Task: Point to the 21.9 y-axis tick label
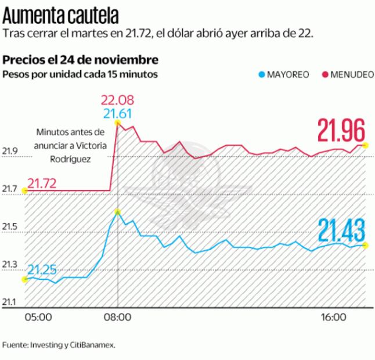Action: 10,152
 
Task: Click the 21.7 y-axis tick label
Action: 10,189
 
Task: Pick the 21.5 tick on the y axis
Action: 10,226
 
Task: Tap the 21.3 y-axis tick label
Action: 10,264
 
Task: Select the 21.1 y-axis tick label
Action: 10,302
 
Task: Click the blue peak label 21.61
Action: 118,114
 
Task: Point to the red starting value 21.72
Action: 42,183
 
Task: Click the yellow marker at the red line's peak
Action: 118,123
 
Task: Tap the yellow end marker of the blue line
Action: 365,245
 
